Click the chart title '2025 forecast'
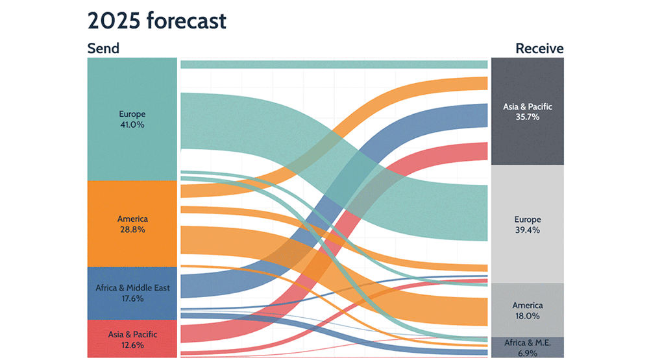(x=156, y=21)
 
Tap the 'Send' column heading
(x=103, y=49)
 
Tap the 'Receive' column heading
(x=539, y=49)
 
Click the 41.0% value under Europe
(x=132, y=125)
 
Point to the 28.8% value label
(x=132, y=230)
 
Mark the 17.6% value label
(x=132, y=298)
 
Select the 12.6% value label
(x=132, y=345)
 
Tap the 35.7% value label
(x=527, y=117)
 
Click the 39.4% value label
(x=527, y=230)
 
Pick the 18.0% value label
(x=527, y=316)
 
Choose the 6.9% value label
(x=527, y=352)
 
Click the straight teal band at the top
(x=334, y=64)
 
